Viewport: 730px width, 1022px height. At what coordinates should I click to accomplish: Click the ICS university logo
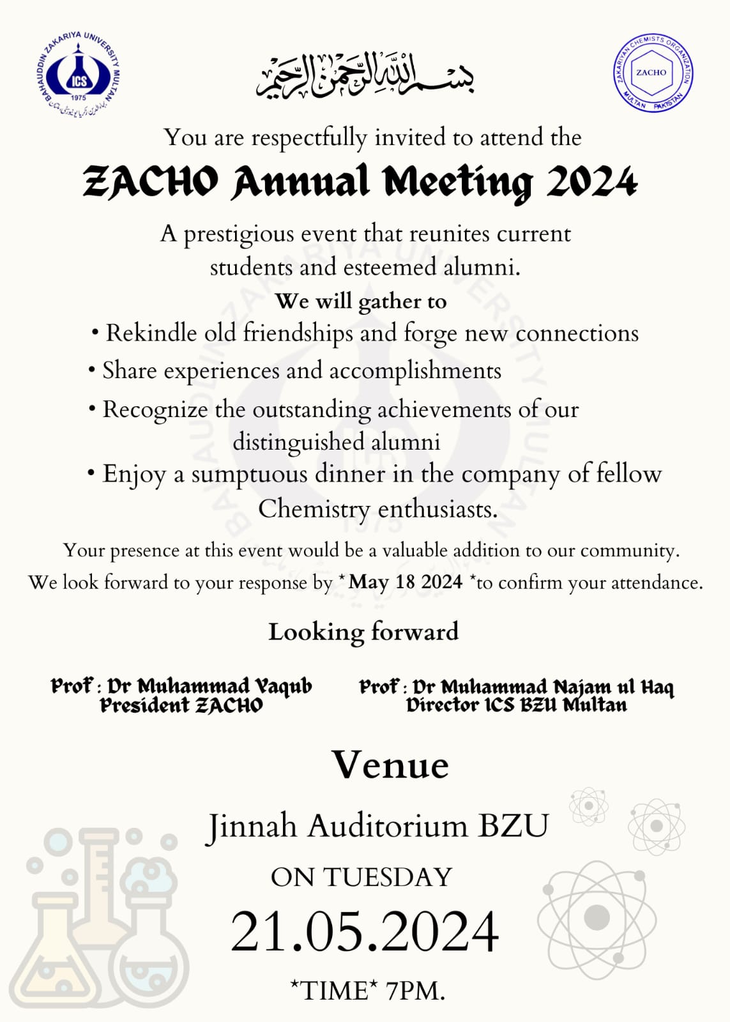click(x=79, y=74)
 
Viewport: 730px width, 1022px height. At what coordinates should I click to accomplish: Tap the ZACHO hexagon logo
click(x=652, y=72)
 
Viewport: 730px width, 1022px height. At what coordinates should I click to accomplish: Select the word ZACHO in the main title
click(x=151, y=182)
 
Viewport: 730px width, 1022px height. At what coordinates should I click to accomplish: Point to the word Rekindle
click(x=151, y=333)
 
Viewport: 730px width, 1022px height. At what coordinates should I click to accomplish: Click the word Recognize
click(x=155, y=409)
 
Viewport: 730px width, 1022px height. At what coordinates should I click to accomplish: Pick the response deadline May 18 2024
click(x=406, y=582)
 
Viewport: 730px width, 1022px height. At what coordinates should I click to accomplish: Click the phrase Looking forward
click(x=363, y=632)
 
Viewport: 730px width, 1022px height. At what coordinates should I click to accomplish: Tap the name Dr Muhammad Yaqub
click(x=209, y=686)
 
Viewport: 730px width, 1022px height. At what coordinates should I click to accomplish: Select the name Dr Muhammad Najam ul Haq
click(x=543, y=687)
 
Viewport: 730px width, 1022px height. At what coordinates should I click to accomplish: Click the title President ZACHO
click(x=181, y=705)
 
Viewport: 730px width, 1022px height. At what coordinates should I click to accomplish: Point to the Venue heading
click(x=390, y=765)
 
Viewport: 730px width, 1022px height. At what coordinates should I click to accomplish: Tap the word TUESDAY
click(x=388, y=878)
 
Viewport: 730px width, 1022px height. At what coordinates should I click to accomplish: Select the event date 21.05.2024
click(x=365, y=931)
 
